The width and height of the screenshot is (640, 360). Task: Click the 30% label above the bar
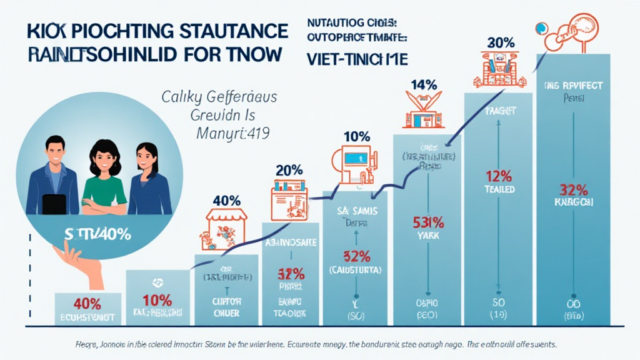pos(500,44)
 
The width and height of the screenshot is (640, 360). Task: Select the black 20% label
pos(289,169)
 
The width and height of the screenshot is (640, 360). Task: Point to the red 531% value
pos(428,221)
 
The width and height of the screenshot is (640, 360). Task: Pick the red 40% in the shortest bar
pos(87,304)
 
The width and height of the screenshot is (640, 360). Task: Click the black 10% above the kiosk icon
pos(357,136)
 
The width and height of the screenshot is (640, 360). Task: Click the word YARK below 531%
pos(429,237)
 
